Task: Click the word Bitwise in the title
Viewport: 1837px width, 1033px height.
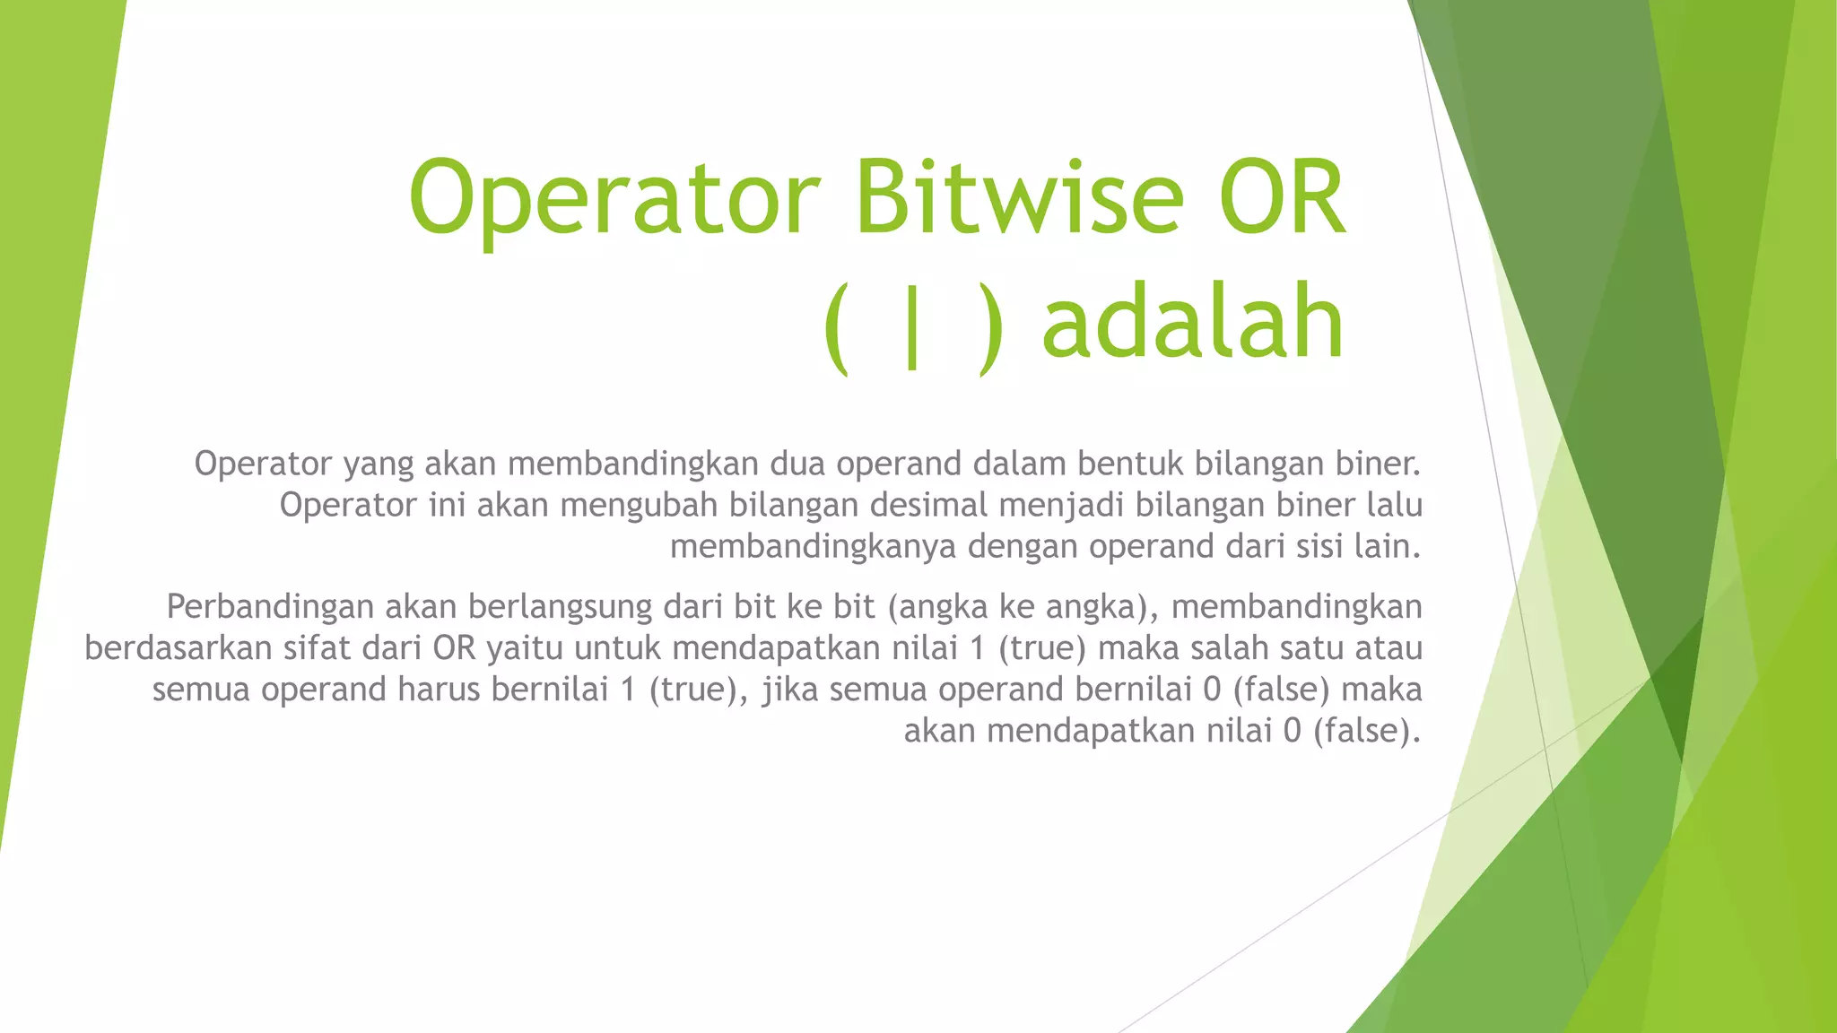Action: pyautogui.click(x=1019, y=196)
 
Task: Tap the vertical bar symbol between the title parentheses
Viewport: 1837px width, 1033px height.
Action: pyautogui.click(x=912, y=325)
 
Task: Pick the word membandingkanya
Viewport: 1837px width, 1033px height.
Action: pyautogui.click(x=813, y=546)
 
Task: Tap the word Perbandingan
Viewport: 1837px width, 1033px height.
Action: pyautogui.click(x=269, y=607)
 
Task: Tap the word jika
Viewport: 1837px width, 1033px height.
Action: pyautogui.click(x=781, y=690)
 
